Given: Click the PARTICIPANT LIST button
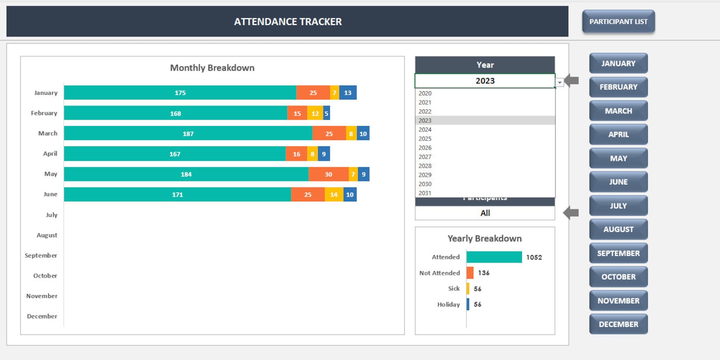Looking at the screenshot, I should point(618,22).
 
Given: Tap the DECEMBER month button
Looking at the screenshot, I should point(618,324).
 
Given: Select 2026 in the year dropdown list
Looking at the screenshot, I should point(425,148).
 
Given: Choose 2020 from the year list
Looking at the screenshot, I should point(425,93).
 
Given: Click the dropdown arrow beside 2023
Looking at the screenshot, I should point(559,83).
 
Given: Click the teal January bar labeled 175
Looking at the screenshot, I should point(180,92).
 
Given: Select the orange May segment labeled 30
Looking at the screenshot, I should point(328,174).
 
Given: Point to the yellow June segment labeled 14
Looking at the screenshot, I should point(334,195).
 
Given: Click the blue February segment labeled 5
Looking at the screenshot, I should point(326,113).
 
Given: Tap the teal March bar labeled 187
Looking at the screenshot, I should point(188,134).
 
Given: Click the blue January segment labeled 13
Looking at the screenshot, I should point(348,92).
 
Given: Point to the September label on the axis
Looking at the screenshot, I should point(41,255).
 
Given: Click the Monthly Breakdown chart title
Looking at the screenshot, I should point(212,68).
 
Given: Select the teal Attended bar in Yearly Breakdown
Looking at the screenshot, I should point(494,257).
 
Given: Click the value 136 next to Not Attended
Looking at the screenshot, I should point(483,273).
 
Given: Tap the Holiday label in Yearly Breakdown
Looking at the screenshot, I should point(448,305).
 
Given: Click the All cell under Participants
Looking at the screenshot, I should point(485,213).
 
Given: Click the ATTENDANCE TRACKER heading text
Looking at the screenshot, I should point(287,22).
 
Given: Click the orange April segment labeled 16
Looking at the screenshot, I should point(296,154).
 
